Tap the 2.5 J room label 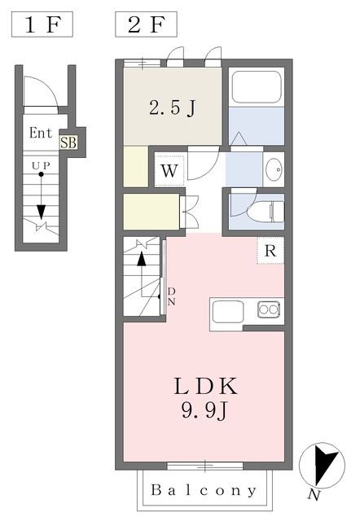171,107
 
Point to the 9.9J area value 204,411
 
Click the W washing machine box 169,171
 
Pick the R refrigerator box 270,251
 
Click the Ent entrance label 41,133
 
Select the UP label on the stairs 40,165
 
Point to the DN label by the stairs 171,296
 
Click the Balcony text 204,491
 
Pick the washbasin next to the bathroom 273,169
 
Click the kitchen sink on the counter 268,309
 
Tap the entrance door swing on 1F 37,92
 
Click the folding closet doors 189,211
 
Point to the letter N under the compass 314,494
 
